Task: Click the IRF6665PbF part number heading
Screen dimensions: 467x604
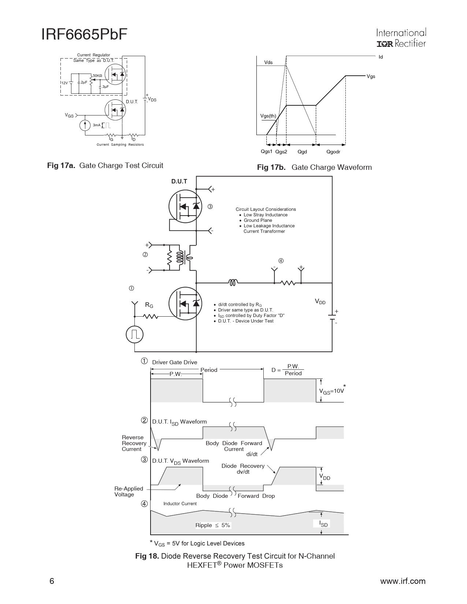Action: (84, 34)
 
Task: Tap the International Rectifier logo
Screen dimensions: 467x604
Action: (401, 38)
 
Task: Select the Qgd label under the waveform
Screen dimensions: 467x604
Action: (302, 152)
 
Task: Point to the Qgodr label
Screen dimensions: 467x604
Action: (333, 152)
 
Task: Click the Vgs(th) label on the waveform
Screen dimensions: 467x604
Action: (268, 116)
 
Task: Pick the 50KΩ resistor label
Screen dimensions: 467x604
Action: (97, 76)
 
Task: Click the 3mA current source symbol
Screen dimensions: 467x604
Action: (85, 125)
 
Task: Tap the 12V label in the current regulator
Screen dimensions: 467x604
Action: (64, 83)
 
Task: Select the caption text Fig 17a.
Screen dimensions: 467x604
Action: (61, 166)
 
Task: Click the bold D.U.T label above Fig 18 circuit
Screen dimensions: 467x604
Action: (179, 182)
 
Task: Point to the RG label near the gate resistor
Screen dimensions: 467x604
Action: (149, 305)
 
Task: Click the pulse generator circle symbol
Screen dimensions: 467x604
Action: (135, 334)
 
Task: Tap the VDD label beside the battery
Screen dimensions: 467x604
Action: (320, 302)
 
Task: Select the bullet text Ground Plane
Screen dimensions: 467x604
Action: (258, 220)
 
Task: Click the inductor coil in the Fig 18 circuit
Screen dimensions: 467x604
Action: (233, 282)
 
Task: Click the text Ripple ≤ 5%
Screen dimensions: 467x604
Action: (213, 525)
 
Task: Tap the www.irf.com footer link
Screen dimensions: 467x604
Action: (403, 581)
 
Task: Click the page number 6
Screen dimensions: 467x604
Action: (52, 581)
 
